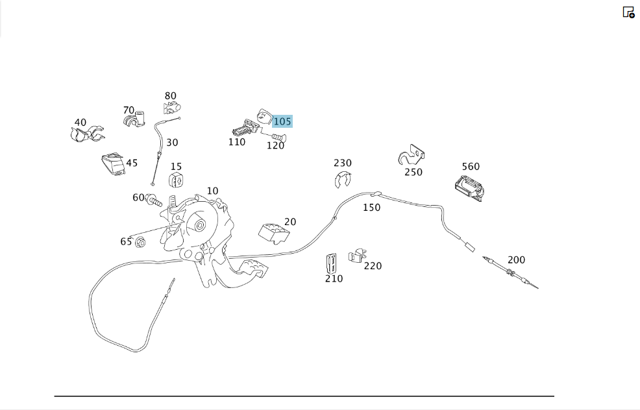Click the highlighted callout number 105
282,121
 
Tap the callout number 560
471,167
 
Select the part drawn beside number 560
469,189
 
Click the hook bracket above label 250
411,155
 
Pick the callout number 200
516,260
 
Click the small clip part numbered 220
357,256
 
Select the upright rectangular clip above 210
331,263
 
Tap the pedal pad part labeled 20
274,234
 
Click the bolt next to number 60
153,200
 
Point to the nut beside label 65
140,243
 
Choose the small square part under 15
176,180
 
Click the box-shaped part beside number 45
113,164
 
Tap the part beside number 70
135,119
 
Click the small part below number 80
172,108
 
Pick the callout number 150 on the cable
371,208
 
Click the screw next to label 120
278,137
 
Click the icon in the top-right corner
628,12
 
